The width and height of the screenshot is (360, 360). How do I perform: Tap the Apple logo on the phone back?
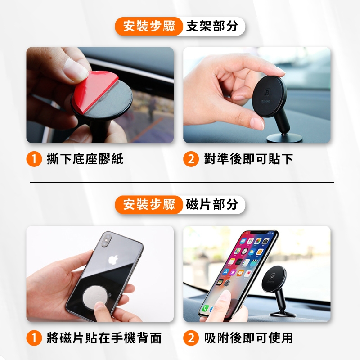click(113, 260)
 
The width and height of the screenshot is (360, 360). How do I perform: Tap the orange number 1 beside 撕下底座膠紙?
click(34, 159)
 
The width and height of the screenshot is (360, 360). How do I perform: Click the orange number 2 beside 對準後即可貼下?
click(191, 159)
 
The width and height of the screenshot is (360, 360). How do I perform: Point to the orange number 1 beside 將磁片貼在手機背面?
click(34, 338)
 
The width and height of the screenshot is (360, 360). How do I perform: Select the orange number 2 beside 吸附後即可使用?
click(191, 338)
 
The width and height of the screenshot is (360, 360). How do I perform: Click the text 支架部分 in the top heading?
click(212, 26)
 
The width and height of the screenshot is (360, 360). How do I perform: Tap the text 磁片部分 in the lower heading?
click(212, 204)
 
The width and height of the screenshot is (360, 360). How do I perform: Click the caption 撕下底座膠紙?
click(85, 159)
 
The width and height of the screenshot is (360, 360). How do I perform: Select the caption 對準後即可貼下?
click(248, 159)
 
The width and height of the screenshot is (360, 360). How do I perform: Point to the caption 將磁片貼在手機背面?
click(104, 338)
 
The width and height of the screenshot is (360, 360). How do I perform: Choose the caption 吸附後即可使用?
click(248, 338)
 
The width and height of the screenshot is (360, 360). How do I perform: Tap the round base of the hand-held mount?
click(284, 139)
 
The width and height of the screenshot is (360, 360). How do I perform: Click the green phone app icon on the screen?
click(205, 308)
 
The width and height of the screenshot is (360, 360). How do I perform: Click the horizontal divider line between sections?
click(182, 183)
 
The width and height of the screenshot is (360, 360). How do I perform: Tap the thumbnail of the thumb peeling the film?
click(100, 95)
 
